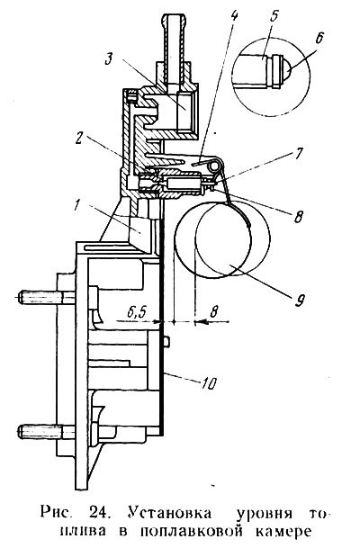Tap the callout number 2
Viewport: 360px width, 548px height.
pos(80,139)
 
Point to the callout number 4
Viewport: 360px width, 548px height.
pos(235,15)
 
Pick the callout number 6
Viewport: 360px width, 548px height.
pos(319,38)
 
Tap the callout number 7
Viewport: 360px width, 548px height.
pos(299,154)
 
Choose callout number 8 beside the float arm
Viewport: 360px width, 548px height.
pos(298,216)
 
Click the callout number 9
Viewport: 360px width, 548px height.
pos(300,300)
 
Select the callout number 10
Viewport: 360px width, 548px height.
pos(209,383)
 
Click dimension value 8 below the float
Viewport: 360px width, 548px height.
pos(215,310)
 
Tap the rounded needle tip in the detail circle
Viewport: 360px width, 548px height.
pos(286,69)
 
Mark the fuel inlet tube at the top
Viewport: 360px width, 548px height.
pos(174,39)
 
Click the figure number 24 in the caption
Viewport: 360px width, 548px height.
pos(99,513)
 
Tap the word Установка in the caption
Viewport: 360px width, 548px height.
pos(169,513)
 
